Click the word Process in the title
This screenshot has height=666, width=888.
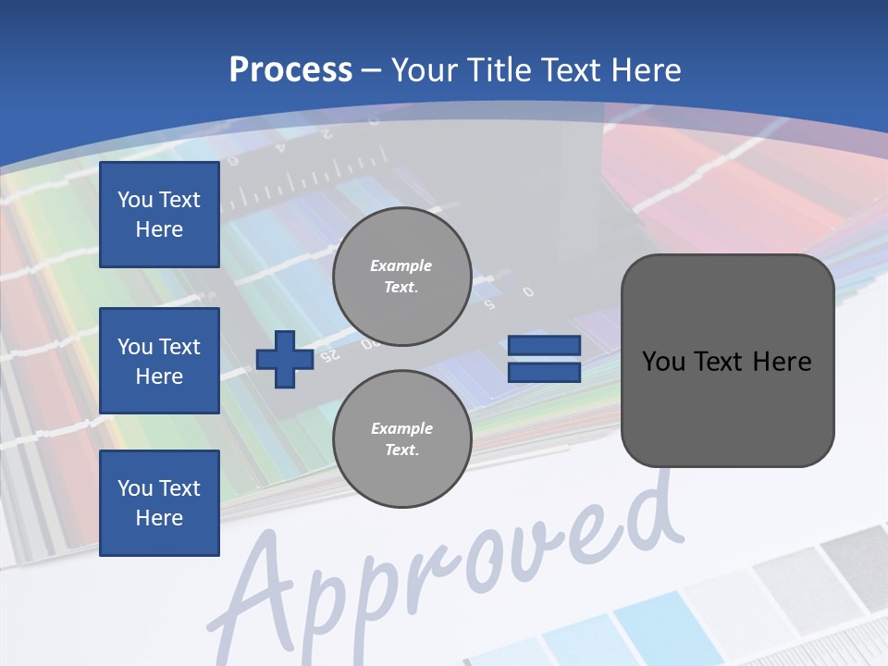(x=290, y=69)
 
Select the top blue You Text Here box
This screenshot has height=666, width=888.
(x=159, y=215)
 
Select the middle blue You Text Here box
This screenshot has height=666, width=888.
(x=159, y=361)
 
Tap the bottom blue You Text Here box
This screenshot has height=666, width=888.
(x=159, y=502)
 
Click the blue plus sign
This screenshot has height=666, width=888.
(x=284, y=359)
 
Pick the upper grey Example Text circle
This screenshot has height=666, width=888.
(x=401, y=276)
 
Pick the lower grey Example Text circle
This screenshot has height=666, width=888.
(x=401, y=438)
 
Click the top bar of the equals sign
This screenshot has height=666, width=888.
(x=544, y=346)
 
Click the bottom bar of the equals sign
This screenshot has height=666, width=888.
(x=544, y=372)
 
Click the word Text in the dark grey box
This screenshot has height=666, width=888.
(x=721, y=362)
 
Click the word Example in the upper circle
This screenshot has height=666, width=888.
(x=401, y=265)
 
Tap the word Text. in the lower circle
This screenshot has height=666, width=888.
(x=401, y=450)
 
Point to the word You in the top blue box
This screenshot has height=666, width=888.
(x=135, y=200)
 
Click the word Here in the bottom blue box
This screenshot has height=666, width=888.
(x=159, y=518)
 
